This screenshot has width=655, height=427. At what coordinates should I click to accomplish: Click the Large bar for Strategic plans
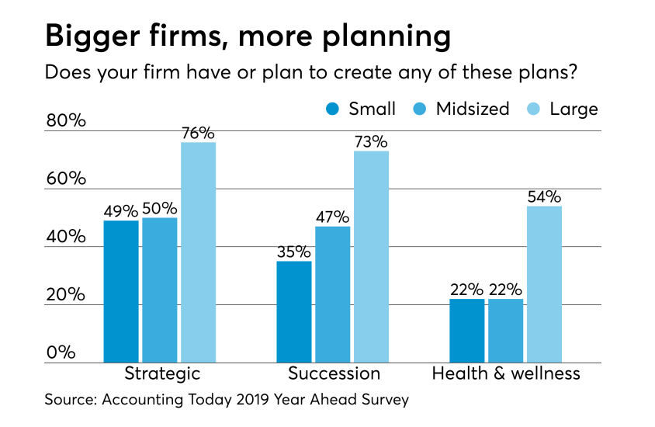(x=198, y=252)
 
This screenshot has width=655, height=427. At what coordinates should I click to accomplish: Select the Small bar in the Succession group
(x=294, y=311)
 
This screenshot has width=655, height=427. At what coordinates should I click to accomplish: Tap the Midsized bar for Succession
(x=332, y=294)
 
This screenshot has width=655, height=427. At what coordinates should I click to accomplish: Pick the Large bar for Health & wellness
(x=544, y=284)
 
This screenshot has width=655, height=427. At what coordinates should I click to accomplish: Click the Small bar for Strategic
(x=121, y=291)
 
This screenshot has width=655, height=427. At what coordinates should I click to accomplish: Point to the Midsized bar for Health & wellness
(x=505, y=331)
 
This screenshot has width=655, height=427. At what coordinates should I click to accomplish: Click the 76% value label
(x=198, y=133)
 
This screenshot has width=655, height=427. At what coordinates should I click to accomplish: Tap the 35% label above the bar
(x=294, y=252)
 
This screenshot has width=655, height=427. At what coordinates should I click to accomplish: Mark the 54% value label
(x=544, y=196)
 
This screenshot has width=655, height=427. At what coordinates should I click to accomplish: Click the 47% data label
(x=332, y=217)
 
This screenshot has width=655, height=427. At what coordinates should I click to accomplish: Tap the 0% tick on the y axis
(x=60, y=352)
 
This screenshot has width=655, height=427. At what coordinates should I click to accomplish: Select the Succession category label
(x=334, y=373)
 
